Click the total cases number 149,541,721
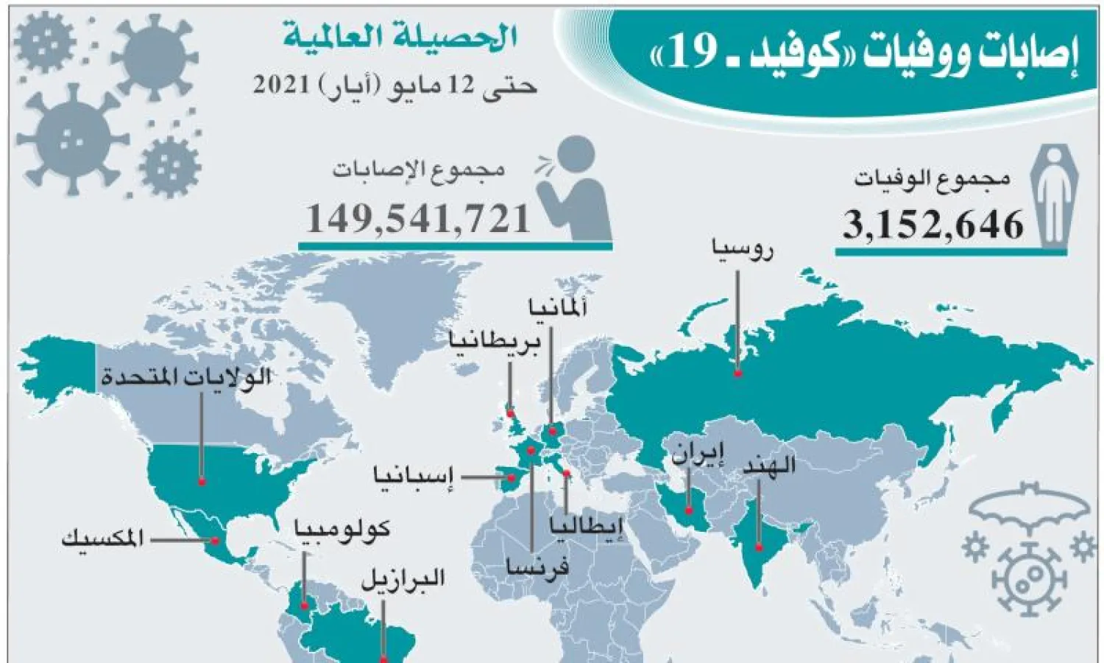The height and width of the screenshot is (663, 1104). pyautogui.click(x=418, y=219)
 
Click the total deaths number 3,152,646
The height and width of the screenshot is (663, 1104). pyautogui.click(x=933, y=225)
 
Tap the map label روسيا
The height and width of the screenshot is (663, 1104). pyautogui.click(x=742, y=250)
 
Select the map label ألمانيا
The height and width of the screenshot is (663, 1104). pyautogui.click(x=558, y=309)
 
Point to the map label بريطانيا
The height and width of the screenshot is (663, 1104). pyautogui.click(x=496, y=343)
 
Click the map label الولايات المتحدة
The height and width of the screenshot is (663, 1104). pyautogui.click(x=186, y=379)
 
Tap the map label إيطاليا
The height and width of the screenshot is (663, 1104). pyautogui.click(x=587, y=526)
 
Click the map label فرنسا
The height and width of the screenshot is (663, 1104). pyautogui.click(x=537, y=566)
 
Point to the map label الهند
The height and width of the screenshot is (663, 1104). pyautogui.click(x=768, y=466)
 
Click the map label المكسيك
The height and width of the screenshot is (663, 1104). pyautogui.click(x=102, y=539)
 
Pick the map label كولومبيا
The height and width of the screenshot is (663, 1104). pyautogui.click(x=342, y=528)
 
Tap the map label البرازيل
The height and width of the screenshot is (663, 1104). pyautogui.click(x=403, y=578)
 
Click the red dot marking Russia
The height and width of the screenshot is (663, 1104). pyautogui.click(x=737, y=374)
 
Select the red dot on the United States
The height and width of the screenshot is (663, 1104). pyautogui.click(x=202, y=483)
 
